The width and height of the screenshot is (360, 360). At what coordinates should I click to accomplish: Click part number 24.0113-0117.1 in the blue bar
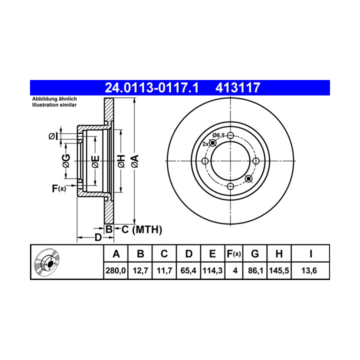pyautogui.click(x=151, y=87)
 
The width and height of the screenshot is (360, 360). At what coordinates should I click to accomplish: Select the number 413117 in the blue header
pyautogui.click(x=237, y=87)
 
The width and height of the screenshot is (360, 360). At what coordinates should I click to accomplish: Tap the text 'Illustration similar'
pyautogui.click(x=54, y=105)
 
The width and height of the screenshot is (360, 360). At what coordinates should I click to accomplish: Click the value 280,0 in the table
pyautogui.click(x=115, y=270)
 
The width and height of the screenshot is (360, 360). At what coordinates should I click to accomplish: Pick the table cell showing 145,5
pyautogui.click(x=279, y=270)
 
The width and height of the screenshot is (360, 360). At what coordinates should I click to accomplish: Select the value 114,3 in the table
pyautogui.click(x=212, y=270)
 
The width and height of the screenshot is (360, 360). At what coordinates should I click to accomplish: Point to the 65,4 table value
pyautogui.click(x=188, y=270)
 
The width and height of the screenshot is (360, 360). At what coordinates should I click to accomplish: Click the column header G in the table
pyautogui.click(x=255, y=254)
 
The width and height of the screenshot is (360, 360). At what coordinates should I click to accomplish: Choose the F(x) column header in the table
pyautogui.click(x=233, y=254)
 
